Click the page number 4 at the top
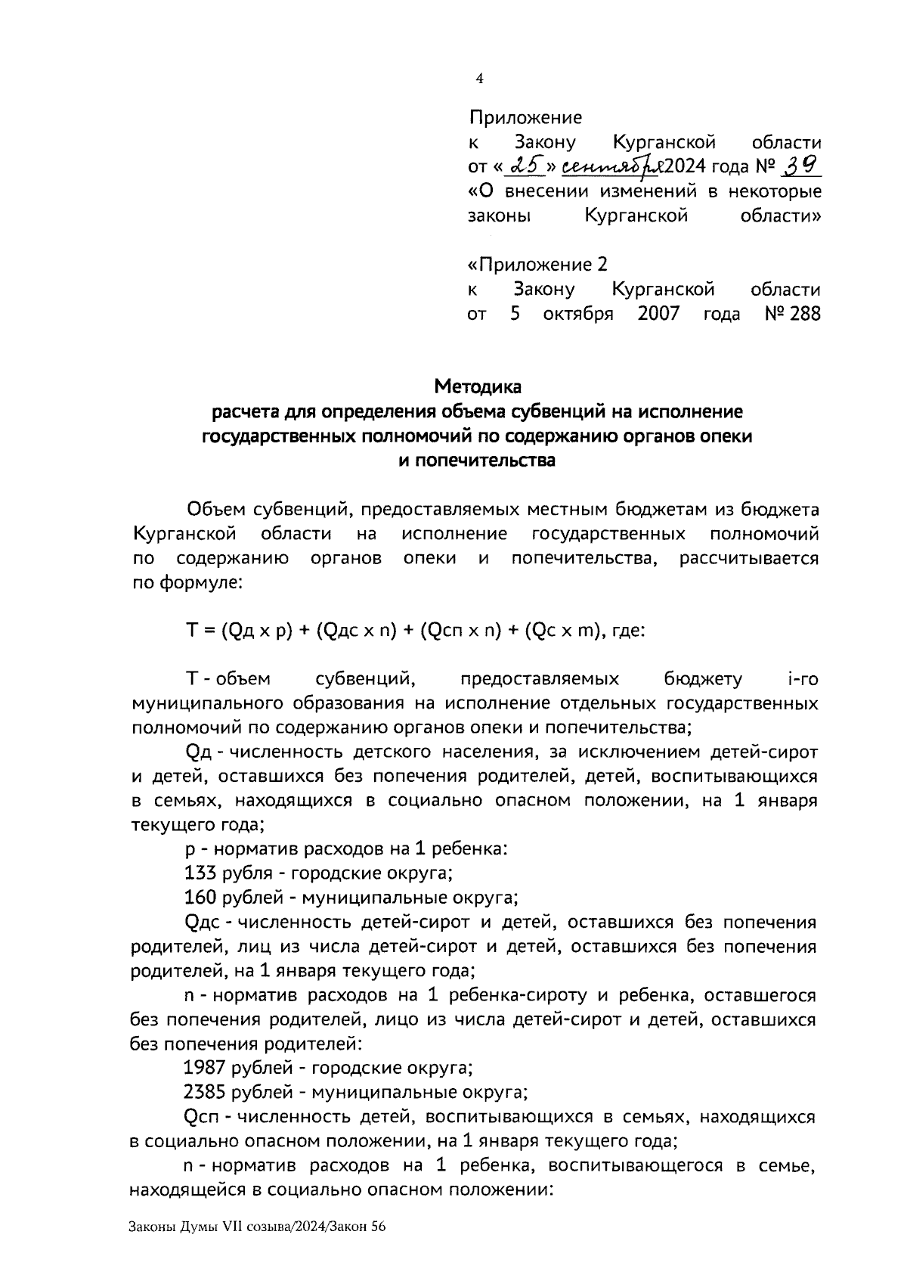pyautogui.click(x=478, y=79)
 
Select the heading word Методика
pyautogui.click(x=477, y=387)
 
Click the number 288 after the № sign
pyautogui.click(x=805, y=314)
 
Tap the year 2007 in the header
pyautogui.click(x=659, y=314)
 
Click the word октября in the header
pyautogui.click(x=578, y=314)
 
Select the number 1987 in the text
pyautogui.click(x=204, y=1069)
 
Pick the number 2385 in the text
pyautogui.click(x=204, y=1093)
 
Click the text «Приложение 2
pyautogui.click(x=537, y=265)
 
